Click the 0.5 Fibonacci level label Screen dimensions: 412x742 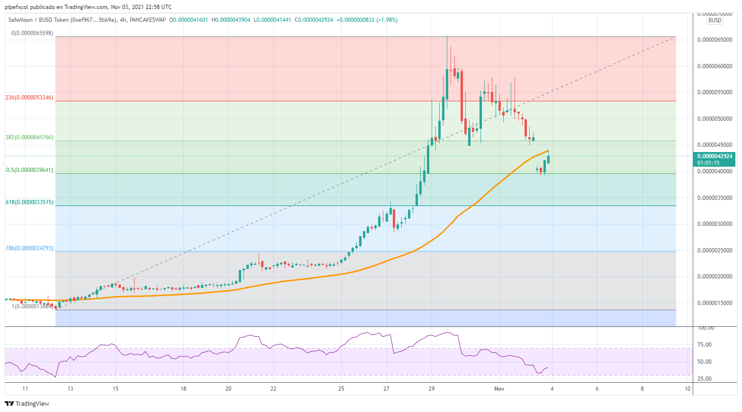coord(29,170)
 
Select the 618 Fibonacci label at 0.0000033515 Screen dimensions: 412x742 coord(29,202)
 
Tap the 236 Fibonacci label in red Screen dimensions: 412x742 coord(29,98)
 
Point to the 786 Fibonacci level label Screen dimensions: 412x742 coord(29,248)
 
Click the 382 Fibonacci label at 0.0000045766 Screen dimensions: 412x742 coord(29,137)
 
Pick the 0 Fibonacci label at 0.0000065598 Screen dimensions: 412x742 coord(32,34)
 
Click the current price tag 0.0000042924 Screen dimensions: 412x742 coord(715,156)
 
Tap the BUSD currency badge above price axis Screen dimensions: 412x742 coord(715,20)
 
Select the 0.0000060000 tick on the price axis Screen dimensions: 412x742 coord(715,66)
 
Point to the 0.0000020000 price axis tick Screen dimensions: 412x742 coord(715,277)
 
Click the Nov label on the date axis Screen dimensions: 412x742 coord(499,389)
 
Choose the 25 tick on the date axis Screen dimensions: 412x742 coord(341,389)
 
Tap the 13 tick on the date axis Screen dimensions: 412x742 coord(70,389)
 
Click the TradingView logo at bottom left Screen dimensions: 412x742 coord(27,403)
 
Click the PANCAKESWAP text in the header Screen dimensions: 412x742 coord(147,20)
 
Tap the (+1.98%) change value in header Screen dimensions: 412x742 coord(387,20)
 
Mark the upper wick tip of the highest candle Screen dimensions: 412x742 coord(447,36)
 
